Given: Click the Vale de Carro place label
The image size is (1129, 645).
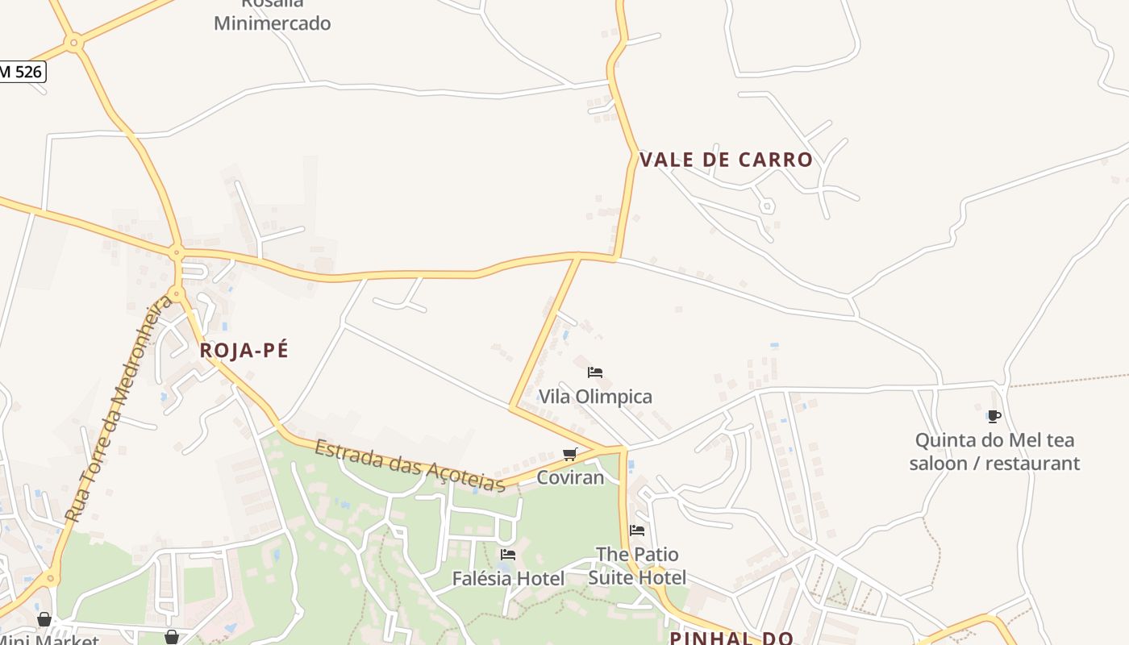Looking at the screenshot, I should [x=726, y=160].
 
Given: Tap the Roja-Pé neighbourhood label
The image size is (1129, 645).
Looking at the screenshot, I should [x=244, y=351].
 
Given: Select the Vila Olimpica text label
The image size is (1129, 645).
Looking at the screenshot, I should [x=595, y=397].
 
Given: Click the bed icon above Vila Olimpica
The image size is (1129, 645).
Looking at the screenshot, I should [x=595, y=372].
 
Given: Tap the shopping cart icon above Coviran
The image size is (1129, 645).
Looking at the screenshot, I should [x=570, y=454].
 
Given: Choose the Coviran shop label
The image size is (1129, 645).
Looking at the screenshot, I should [x=570, y=477].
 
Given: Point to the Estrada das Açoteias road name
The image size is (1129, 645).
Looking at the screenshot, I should [x=410, y=465].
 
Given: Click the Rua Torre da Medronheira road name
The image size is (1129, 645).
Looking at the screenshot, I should [x=119, y=409].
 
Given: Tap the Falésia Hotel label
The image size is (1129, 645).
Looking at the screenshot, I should [x=508, y=578].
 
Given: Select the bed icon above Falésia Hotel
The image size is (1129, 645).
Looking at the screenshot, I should [x=508, y=555].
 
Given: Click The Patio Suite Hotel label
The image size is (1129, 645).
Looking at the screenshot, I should [x=637, y=566].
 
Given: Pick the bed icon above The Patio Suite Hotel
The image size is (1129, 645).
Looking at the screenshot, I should [x=637, y=531].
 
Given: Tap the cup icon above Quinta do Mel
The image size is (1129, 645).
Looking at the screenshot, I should [x=994, y=417].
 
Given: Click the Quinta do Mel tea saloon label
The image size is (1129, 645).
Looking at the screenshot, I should [x=994, y=451].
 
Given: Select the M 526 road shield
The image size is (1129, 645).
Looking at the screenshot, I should [x=21, y=72].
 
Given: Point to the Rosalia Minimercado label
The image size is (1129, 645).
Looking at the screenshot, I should [x=272, y=16].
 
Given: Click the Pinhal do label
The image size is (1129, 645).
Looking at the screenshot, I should [x=731, y=638].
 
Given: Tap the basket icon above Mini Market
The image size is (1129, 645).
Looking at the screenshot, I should [x=44, y=619].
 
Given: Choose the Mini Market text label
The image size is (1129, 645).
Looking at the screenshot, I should [x=48, y=639].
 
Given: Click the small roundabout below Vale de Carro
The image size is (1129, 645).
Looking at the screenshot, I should [x=767, y=206].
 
